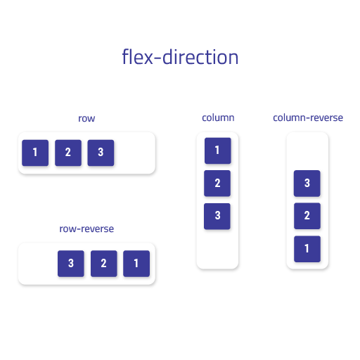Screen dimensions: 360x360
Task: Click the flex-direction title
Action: pyautogui.click(x=180, y=57)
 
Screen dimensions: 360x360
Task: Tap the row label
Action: pyautogui.click(x=86, y=119)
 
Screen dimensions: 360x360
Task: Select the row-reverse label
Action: pyautogui.click(x=86, y=229)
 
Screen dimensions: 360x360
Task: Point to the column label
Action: pyautogui.click(x=218, y=117)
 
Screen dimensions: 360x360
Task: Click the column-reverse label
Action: pyautogui.click(x=308, y=117)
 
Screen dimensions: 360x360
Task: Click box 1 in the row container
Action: pyautogui.click(x=35, y=153)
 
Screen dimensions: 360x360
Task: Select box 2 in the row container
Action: pyautogui.click(x=68, y=153)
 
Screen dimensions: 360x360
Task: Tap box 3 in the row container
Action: pyautogui.click(x=101, y=153)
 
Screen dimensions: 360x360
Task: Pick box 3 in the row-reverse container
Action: pyautogui.click(x=71, y=264)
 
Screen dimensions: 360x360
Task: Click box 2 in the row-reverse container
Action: pyautogui.click(x=104, y=264)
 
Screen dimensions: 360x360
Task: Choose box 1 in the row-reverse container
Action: pyautogui.click(x=136, y=264)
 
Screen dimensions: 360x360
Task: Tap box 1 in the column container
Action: pyautogui.click(x=218, y=150)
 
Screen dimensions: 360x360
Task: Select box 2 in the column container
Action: pyautogui.click(x=217, y=184)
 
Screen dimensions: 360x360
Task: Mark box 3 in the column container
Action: pyautogui.click(x=217, y=216)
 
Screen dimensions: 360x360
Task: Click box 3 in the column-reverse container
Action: pyautogui.click(x=307, y=184)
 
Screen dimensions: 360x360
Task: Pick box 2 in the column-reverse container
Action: pyautogui.click(x=307, y=216)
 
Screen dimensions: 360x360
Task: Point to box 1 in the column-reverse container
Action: pyautogui.click(x=307, y=249)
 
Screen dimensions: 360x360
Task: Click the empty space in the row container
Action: pyautogui.click(x=134, y=153)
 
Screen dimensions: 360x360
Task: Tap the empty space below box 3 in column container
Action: pyautogui.click(x=217, y=248)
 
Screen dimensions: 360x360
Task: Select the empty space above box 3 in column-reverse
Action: pyautogui.click(x=307, y=151)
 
